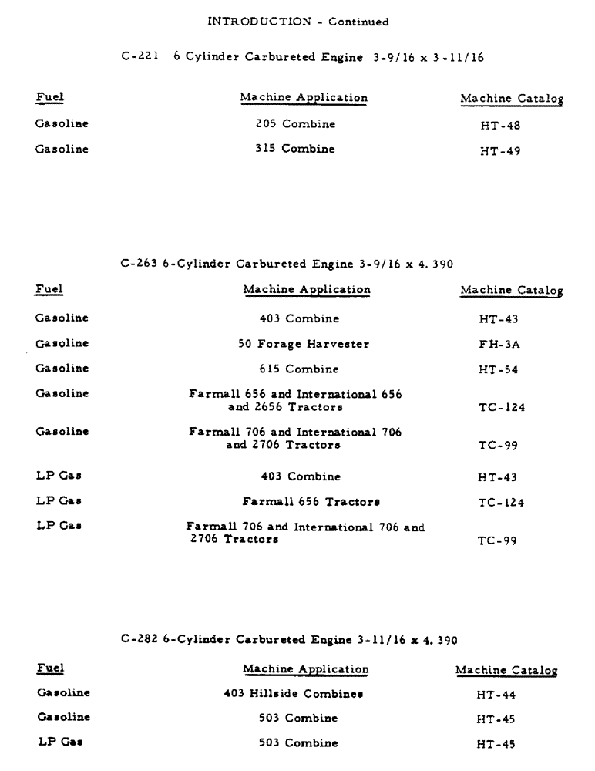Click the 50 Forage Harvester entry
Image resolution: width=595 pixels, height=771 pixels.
pyautogui.click(x=304, y=344)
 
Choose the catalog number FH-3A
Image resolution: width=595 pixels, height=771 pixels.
pyautogui.click(x=499, y=345)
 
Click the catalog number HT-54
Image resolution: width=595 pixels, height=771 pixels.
pyautogui.click(x=499, y=370)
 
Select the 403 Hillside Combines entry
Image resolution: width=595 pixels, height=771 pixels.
pyautogui.click(x=294, y=693)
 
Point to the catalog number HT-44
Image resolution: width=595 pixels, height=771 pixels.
pyautogui.click(x=496, y=695)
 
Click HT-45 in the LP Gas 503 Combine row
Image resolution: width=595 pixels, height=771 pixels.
pyautogui.click(x=496, y=744)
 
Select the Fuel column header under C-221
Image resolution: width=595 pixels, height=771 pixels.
pyautogui.click(x=49, y=98)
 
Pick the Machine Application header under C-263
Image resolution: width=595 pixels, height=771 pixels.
pyautogui.click(x=307, y=289)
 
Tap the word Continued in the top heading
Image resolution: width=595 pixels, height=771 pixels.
pyautogui.click(x=358, y=22)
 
